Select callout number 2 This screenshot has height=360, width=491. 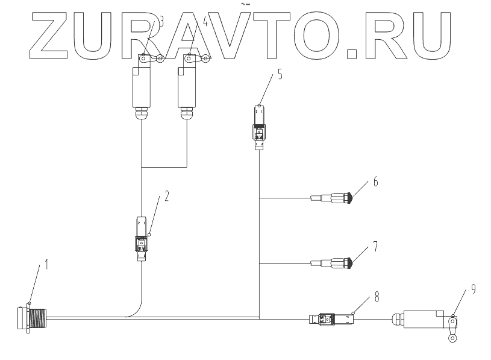click(167, 196)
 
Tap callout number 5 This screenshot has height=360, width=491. click(280, 75)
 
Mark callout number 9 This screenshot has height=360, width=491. click(474, 289)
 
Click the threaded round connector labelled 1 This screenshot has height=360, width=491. click(30, 319)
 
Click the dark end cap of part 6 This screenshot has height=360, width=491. click(349, 197)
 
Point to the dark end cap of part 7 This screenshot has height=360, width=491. click(349, 262)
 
